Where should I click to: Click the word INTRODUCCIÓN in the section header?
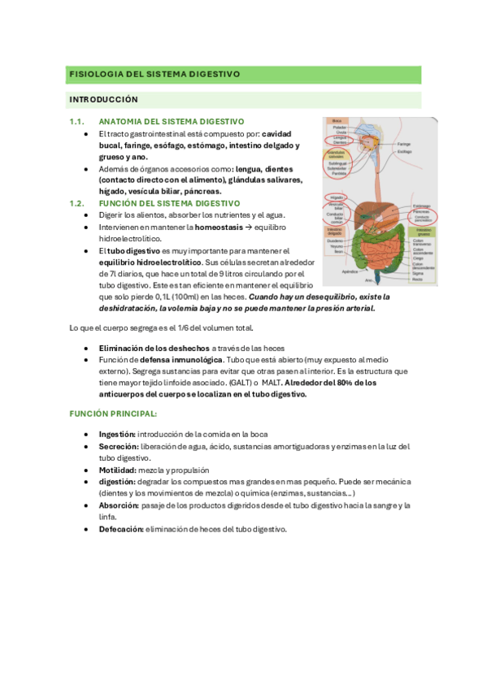(x=104, y=100)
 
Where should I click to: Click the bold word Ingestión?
(x=117, y=434)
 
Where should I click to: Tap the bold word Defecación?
(x=121, y=529)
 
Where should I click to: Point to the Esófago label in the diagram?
(x=426, y=151)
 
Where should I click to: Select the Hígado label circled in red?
(x=335, y=197)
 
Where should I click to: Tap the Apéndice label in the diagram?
(x=350, y=271)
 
